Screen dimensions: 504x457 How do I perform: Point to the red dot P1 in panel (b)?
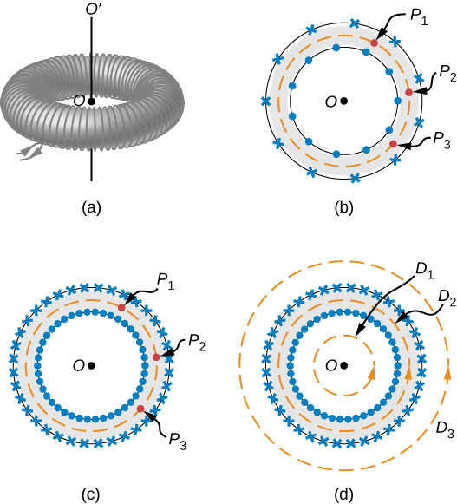[x=375, y=42]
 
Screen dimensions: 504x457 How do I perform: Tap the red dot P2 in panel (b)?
[x=408, y=92]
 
